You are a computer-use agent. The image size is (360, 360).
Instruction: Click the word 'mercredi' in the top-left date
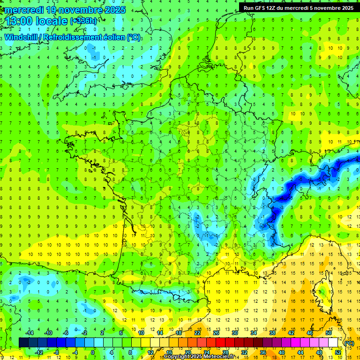click(x=23, y=10)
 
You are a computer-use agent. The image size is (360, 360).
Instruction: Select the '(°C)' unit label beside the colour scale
click(x=349, y=343)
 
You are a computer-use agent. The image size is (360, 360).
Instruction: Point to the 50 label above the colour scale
click(x=328, y=332)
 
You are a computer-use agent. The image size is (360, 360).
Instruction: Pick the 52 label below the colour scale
click(x=337, y=352)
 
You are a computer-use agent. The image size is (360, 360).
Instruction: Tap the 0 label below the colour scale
click(x=93, y=352)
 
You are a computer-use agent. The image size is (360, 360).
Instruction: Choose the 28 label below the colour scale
click(x=226, y=352)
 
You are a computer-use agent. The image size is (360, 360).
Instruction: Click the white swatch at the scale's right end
click(x=333, y=343)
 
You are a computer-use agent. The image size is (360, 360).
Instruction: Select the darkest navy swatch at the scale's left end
click(x=23, y=343)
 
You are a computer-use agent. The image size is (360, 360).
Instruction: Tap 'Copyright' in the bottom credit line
click(x=177, y=357)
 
